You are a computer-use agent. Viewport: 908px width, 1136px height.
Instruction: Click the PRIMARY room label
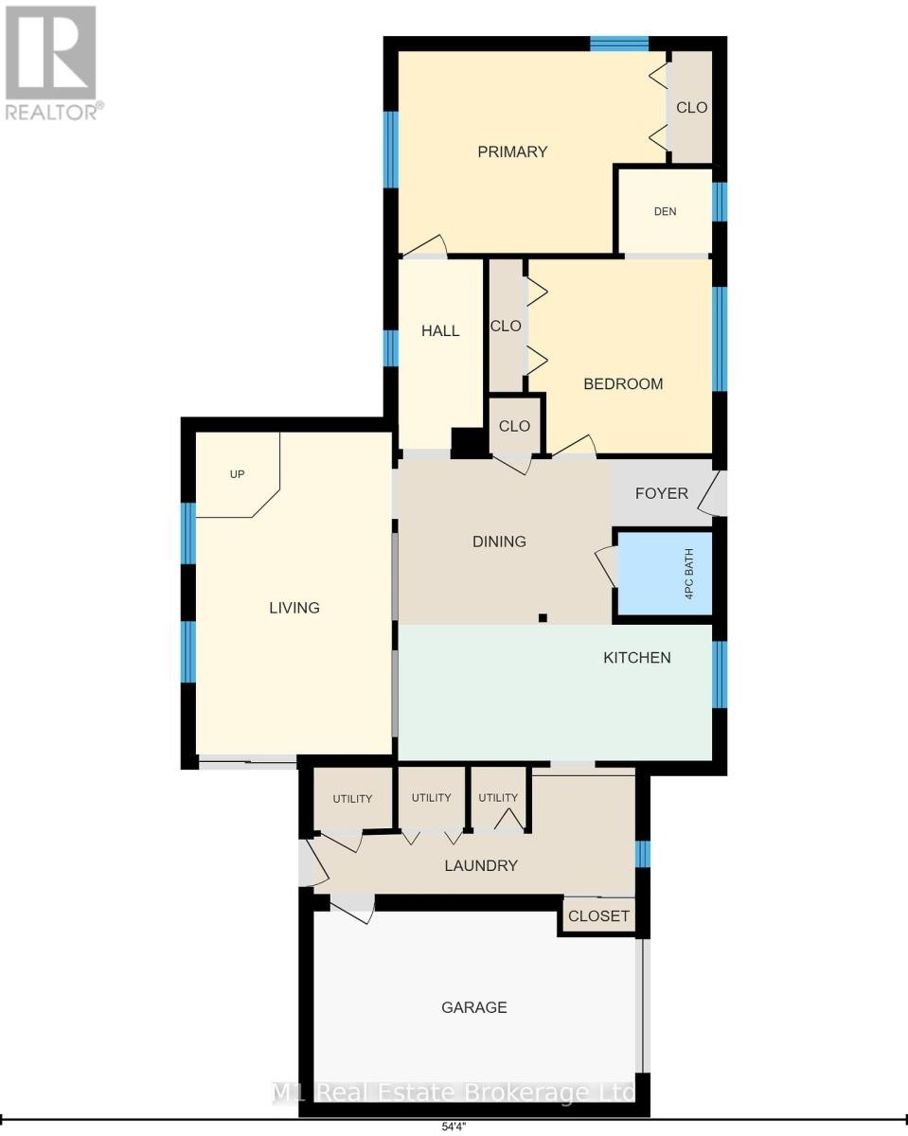point(512,152)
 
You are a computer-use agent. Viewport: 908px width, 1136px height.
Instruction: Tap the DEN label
point(665,211)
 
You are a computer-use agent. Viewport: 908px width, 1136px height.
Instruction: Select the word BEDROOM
point(623,383)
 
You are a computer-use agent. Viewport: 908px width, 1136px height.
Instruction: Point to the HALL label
point(439,331)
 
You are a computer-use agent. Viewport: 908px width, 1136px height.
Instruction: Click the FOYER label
point(661,493)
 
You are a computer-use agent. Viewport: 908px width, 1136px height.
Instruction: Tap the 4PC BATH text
point(688,574)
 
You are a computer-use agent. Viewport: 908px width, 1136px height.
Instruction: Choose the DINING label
point(499,541)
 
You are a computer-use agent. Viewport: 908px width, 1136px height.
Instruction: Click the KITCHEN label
point(636,658)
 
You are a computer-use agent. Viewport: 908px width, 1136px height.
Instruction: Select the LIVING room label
point(294,608)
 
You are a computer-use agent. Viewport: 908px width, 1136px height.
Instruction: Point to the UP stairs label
point(237,474)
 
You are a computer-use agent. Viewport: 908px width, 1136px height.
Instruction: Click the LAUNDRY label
point(480,865)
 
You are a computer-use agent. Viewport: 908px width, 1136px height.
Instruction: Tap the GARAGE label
point(474,1007)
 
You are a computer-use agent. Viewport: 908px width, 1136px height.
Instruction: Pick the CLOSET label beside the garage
point(598,915)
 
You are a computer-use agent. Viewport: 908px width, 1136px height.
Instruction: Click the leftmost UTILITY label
point(352,799)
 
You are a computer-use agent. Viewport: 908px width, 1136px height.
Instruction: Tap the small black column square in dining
point(543,617)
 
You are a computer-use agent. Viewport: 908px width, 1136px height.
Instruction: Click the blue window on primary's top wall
point(618,44)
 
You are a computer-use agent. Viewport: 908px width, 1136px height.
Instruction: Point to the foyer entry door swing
point(713,493)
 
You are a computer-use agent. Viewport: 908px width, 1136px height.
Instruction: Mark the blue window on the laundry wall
point(642,854)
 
